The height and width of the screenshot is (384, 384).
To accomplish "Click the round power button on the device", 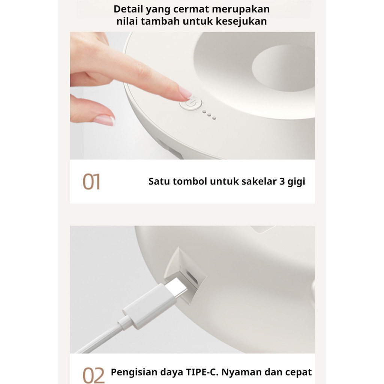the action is pyautogui.click(x=191, y=103).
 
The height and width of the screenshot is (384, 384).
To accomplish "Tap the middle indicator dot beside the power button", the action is pyautogui.click(x=209, y=115).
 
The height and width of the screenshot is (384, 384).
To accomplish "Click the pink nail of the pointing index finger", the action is pyautogui.click(x=185, y=92).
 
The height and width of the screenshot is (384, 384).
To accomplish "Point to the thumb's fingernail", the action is pyautogui.click(x=104, y=120).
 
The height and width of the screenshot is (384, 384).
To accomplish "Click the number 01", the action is pyautogui.click(x=91, y=181).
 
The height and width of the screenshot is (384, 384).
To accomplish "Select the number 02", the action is pyautogui.click(x=93, y=375).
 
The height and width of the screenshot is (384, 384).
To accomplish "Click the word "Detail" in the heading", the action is pyautogui.click(x=128, y=9).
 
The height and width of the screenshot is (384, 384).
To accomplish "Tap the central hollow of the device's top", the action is pyautogui.click(x=283, y=68).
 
